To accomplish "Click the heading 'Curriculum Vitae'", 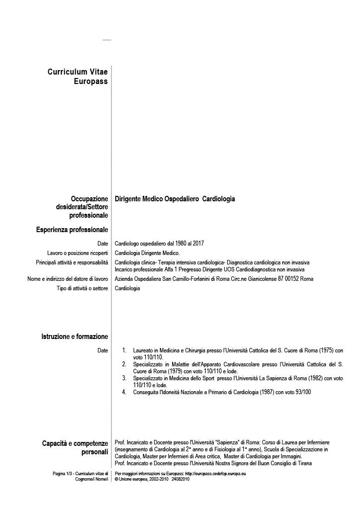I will pos(78,72).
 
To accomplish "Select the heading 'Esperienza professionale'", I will pos(72,230).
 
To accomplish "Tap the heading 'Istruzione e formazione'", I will pos(75,337).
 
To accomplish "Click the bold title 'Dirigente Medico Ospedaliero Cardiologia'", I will pos(175,199).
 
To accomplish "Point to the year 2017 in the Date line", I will pos(197,244).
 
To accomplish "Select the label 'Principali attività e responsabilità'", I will pos(72,262).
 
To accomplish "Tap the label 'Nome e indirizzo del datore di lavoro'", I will pos(68,279).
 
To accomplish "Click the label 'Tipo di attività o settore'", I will pos(83,288).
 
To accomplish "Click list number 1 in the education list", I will pos(124,351).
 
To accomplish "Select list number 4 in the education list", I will pos(124,392).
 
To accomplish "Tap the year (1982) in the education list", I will pos(318,378).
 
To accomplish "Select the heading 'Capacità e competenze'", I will pos(75,443).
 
